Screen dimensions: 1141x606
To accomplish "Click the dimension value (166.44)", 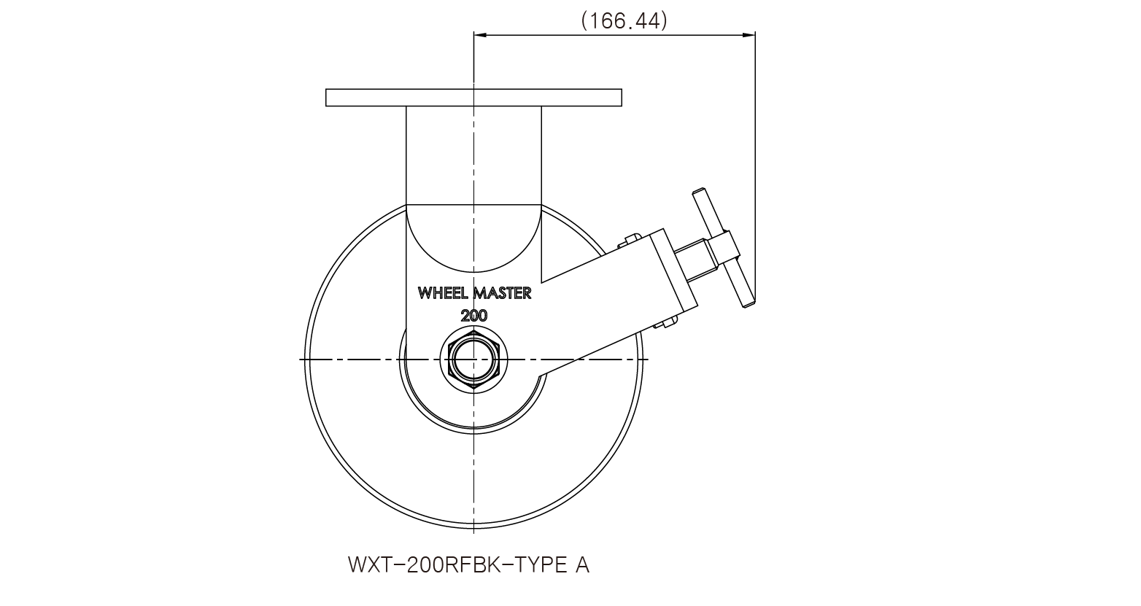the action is (x=624, y=21).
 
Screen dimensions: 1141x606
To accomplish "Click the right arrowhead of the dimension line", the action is (x=749, y=35).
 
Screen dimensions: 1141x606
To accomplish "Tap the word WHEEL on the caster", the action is (x=444, y=293).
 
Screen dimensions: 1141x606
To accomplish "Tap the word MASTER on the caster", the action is (x=503, y=293).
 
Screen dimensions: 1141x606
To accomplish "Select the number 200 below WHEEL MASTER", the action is (x=474, y=316).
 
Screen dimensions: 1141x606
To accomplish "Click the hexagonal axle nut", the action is (x=474, y=360).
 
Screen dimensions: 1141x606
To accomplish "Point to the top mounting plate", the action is (x=473, y=97).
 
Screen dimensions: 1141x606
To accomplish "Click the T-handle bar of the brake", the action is (x=723, y=248).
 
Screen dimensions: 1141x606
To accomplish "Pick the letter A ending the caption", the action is (x=582, y=564).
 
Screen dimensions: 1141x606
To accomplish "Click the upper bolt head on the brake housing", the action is (x=630, y=240).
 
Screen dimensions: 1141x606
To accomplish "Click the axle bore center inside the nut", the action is (x=474, y=360).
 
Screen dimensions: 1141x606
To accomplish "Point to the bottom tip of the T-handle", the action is (x=749, y=305).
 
